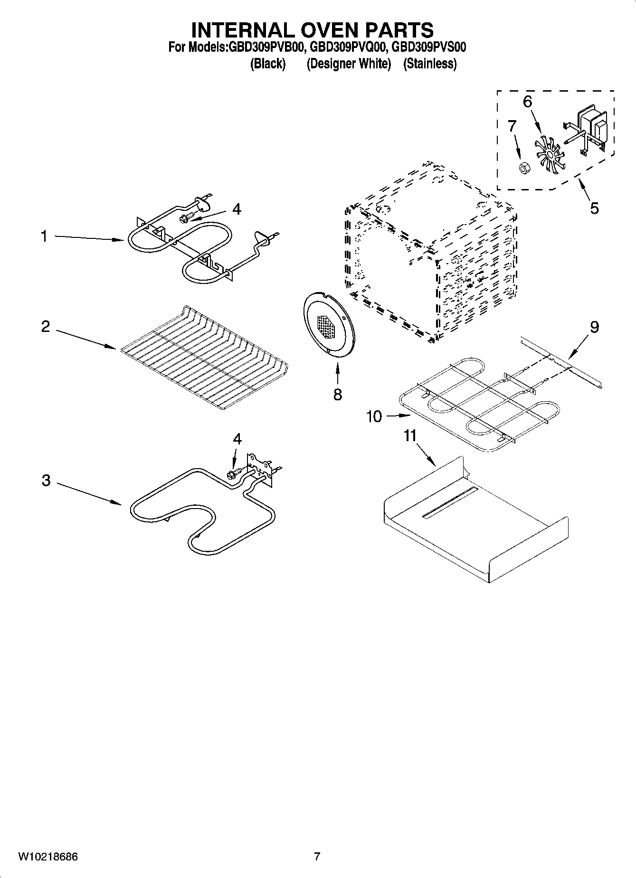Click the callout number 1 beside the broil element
pos(44,236)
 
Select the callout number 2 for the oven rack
pos(46,327)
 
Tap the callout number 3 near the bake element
pos(46,480)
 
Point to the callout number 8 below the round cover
pos(337,394)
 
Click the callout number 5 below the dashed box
pos(594,208)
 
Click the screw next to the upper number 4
pos(185,218)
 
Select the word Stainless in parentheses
pos(430,64)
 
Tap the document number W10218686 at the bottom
pos(47,857)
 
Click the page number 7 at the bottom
pos(317,857)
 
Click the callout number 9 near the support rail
pos(594,327)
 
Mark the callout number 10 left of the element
pos(374,416)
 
